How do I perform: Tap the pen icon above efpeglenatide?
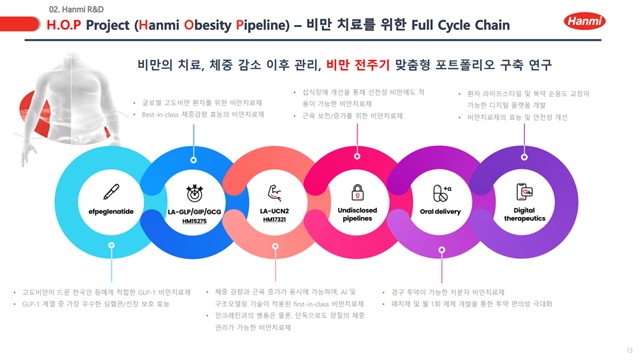tap(112, 193)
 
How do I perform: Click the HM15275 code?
tap(194, 221)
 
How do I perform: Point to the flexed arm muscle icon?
tap(275, 192)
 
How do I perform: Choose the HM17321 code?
tap(275, 220)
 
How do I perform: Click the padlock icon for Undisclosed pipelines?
tap(357, 192)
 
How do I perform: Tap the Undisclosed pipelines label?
tap(357, 215)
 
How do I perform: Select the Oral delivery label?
tap(441, 212)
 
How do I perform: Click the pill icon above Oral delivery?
tap(441, 192)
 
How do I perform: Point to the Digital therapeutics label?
tap(524, 215)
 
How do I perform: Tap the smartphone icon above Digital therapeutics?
tap(524, 191)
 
